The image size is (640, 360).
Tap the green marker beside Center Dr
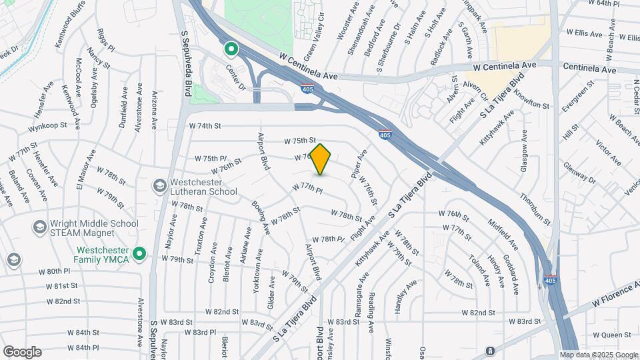[231, 49]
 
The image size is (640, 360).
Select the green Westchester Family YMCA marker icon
[139, 253]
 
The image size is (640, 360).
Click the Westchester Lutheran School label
[204, 187]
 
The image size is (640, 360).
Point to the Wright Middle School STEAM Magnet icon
[39, 228]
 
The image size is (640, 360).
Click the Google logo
[22, 352]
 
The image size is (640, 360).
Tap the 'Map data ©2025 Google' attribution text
[599, 355]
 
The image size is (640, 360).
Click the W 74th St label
[205, 125]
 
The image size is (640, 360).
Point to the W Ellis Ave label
[585, 32]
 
